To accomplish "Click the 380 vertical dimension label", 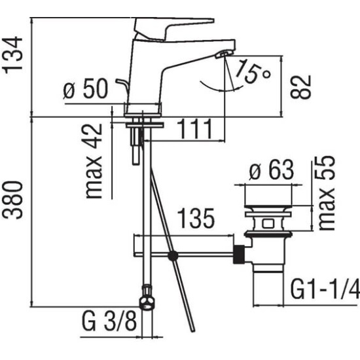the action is [x=13, y=200].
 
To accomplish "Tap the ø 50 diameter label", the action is [x=85, y=88].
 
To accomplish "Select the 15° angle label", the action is [x=253, y=71].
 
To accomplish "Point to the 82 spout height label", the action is [x=301, y=87].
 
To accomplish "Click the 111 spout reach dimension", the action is [x=195, y=129].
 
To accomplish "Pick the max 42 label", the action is [x=94, y=160].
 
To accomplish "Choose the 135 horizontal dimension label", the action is [x=196, y=218].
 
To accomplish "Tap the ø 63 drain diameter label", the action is [x=272, y=170].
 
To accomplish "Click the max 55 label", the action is [x=327, y=193].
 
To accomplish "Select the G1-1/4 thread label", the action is [x=325, y=289].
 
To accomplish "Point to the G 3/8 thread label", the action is [x=109, y=321].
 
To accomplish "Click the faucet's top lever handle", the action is [x=171, y=27].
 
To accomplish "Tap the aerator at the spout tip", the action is [x=224, y=54].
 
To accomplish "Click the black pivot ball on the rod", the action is [x=173, y=255].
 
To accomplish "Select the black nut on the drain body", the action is [x=239, y=254].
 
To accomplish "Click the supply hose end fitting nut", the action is [x=147, y=298].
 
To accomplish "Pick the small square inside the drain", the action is [x=268, y=223].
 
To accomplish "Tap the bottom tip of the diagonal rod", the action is [x=193, y=331].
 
